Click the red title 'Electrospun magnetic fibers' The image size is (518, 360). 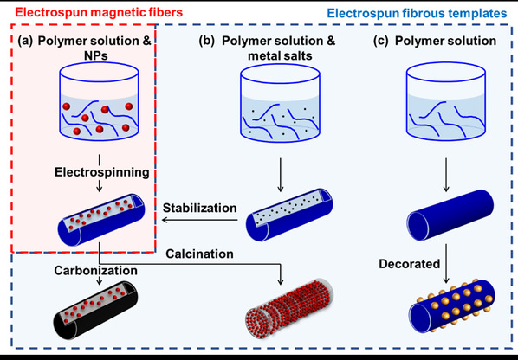[99, 12]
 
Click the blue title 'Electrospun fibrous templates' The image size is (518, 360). [417, 13]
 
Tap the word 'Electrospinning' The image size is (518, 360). [101, 172]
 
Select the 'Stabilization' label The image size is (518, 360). [199, 208]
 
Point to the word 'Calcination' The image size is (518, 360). [199, 254]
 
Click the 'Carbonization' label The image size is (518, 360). [96, 270]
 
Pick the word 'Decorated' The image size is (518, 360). [410, 264]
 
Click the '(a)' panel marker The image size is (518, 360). [25, 41]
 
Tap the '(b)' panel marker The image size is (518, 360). [206, 41]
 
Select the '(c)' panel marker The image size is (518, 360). [381, 41]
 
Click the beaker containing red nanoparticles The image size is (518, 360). [99, 101]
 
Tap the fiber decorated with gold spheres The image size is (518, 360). [452, 306]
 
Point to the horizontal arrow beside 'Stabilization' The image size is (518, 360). [199, 220]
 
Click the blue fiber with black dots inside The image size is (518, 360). [289, 215]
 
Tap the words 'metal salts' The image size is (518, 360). [280, 55]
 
